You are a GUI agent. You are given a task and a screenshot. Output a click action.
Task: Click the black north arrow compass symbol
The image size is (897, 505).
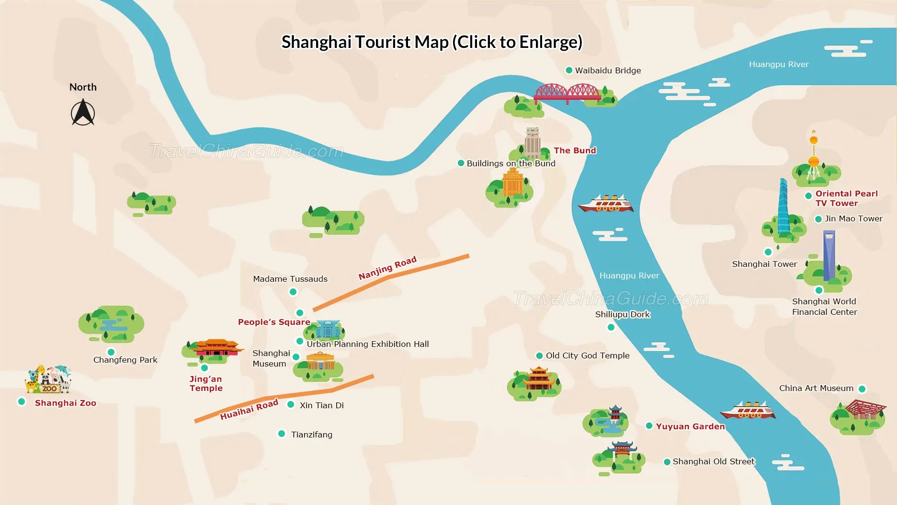(83, 113)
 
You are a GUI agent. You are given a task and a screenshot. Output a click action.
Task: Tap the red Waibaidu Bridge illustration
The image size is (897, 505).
(567, 93)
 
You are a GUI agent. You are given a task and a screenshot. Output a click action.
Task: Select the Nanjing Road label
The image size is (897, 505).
(387, 268)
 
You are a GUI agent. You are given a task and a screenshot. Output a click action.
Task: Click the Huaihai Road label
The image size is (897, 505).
(249, 410)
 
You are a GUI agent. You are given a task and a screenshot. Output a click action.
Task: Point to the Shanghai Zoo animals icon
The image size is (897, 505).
(48, 379)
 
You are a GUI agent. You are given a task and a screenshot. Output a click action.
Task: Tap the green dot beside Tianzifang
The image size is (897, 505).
(282, 434)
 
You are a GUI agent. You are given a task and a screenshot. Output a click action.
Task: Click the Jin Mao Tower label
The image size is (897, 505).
(853, 218)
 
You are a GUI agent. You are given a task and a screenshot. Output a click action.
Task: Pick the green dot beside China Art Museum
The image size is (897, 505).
(862, 389)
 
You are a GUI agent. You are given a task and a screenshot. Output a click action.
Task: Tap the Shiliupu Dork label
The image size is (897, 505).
(622, 314)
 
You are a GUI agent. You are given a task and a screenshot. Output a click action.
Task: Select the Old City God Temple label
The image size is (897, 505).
(588, 356)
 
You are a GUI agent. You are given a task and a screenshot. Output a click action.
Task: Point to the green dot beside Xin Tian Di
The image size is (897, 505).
(291, 404)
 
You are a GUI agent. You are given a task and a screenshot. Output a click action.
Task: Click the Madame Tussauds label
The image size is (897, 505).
(290, 279)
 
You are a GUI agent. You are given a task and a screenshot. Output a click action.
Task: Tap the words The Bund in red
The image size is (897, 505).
(575, 150)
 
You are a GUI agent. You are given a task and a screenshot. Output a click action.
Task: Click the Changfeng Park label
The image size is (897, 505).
(125, 360)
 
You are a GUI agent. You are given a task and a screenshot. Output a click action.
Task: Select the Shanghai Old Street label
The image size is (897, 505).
(713, 461)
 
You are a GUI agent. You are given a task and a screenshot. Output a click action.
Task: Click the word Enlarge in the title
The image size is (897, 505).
(550, 42)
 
